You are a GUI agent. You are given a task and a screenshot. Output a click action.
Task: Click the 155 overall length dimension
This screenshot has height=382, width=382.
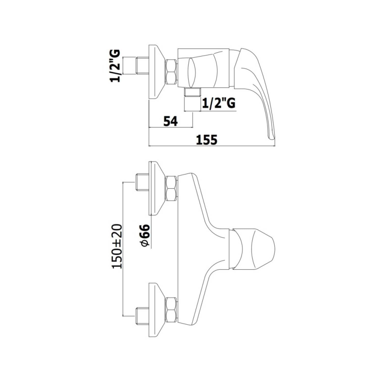pyautogui.click(x=207, y=140)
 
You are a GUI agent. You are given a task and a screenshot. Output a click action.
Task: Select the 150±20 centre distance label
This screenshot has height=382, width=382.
pyautogui.click(x=117, y=246)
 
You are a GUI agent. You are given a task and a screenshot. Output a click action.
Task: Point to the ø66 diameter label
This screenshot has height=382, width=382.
pyautogui.click(x=145, y=236)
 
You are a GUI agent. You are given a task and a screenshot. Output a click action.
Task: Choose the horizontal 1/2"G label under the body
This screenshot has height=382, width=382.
pyautogui.click(x=219, y=103)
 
